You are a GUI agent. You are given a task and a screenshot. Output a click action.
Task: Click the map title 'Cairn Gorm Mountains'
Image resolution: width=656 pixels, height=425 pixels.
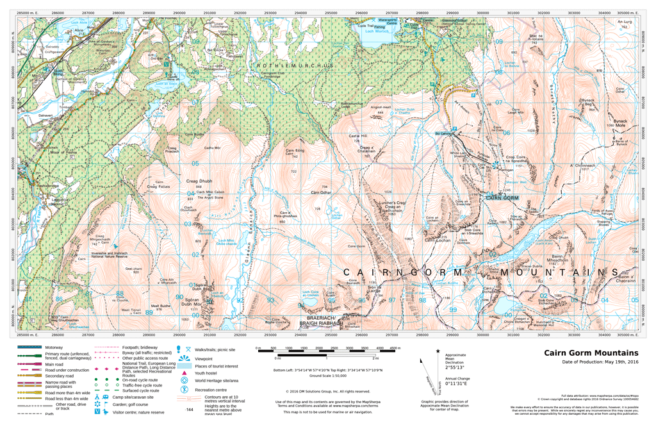coord(591,353)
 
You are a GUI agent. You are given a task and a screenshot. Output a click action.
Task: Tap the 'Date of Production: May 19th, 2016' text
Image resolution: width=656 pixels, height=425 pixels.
coord(591,362)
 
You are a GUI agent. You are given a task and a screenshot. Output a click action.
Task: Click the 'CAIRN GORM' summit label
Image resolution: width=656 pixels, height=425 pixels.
coord(502,198)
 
